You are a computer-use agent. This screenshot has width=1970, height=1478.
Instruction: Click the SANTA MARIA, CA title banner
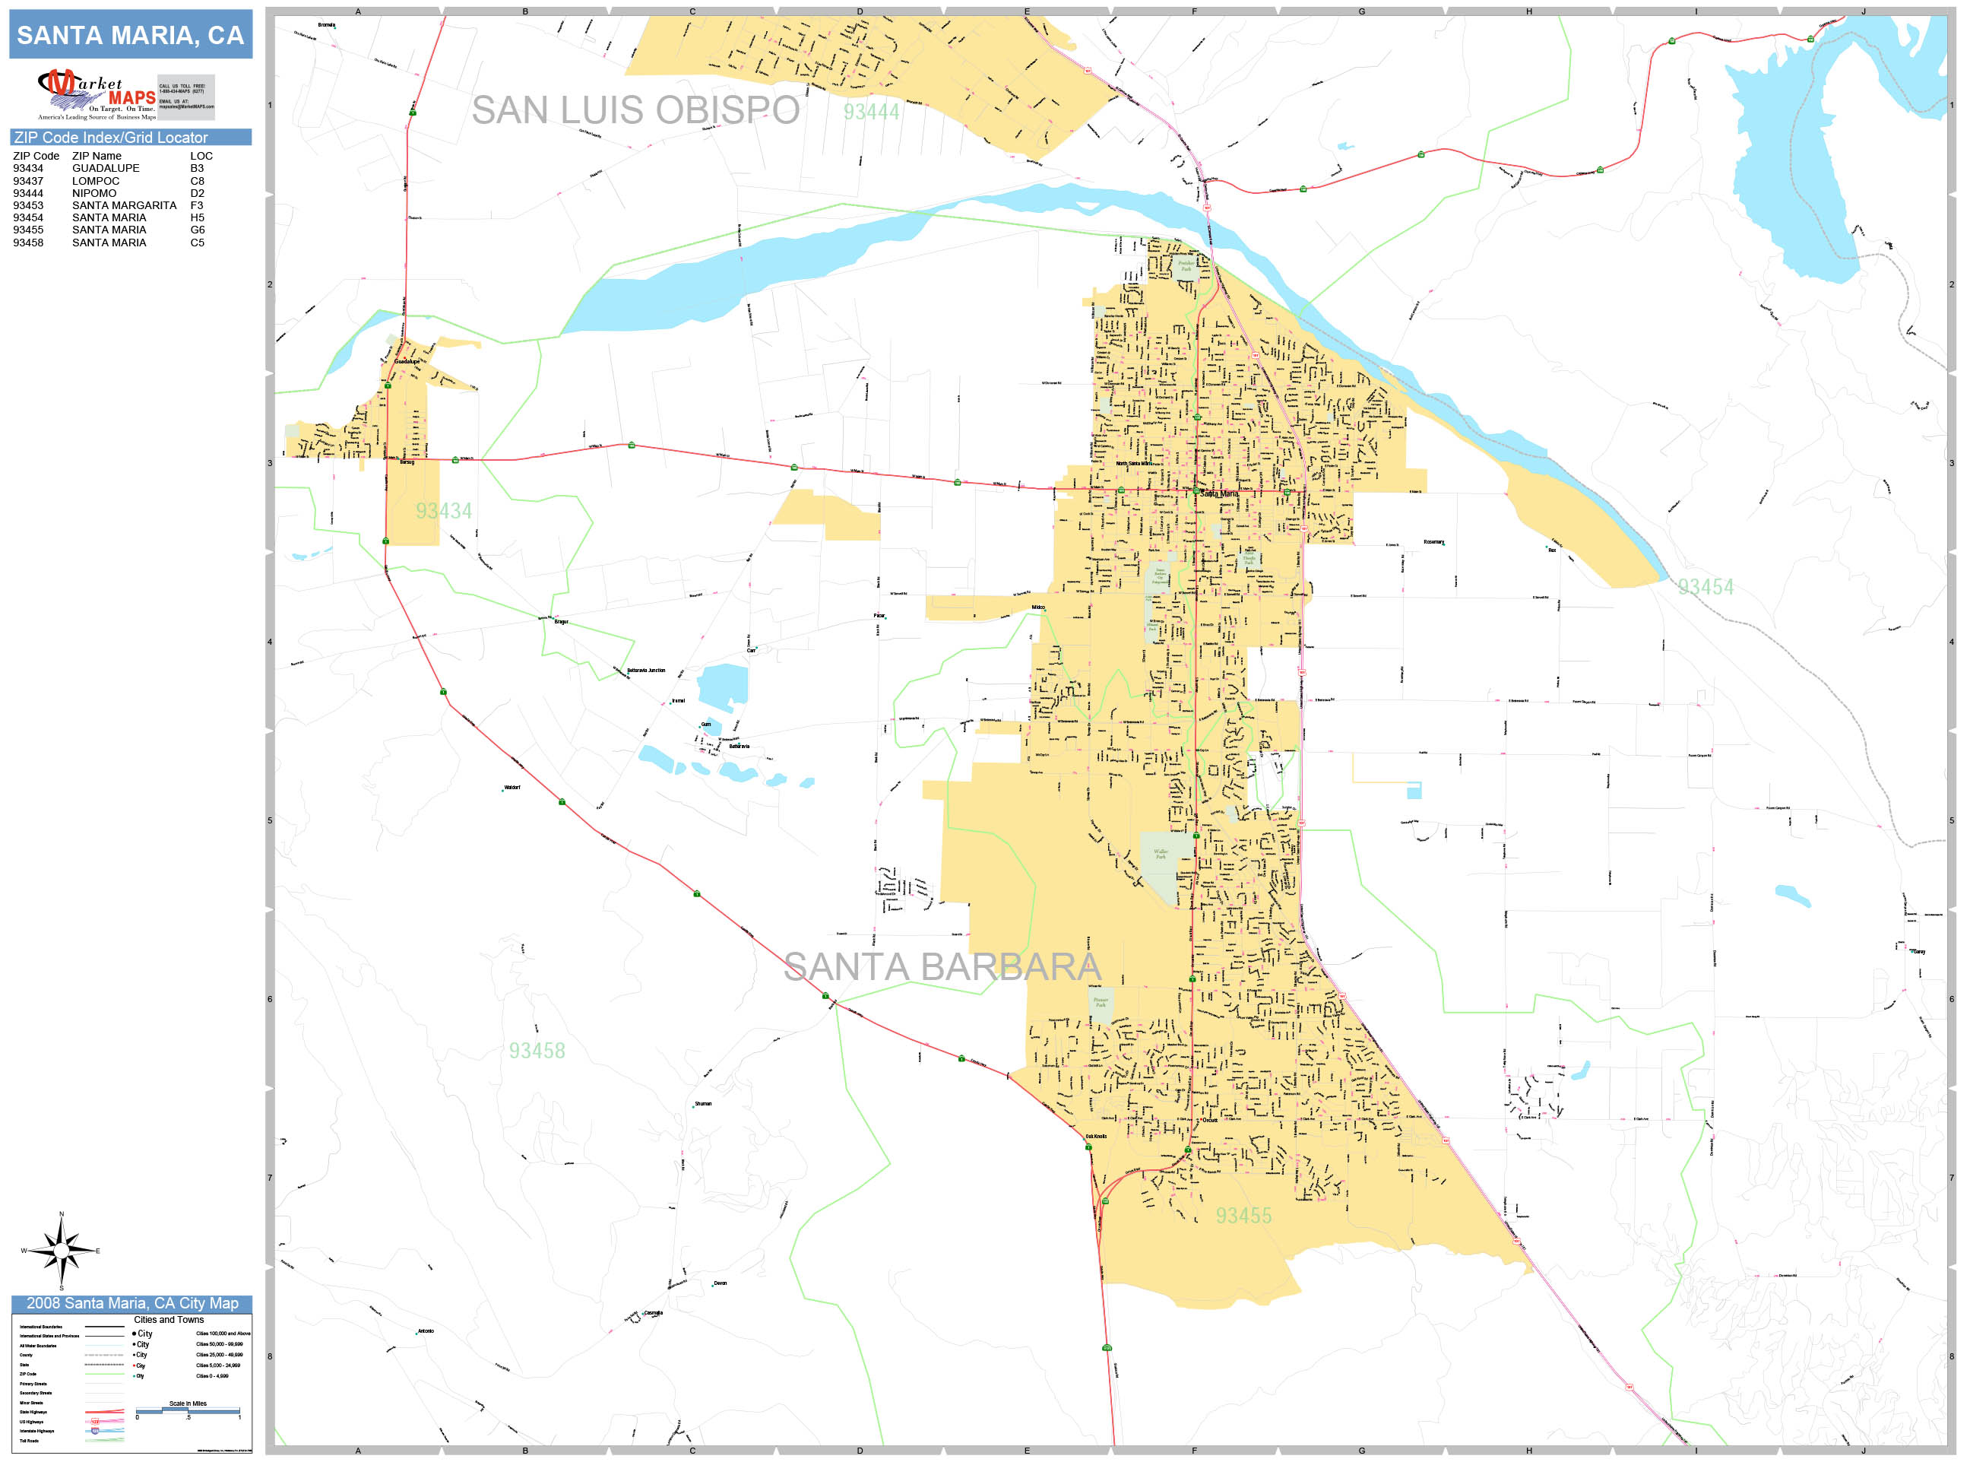(130, 36)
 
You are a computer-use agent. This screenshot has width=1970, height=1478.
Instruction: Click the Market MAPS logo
(97, 94)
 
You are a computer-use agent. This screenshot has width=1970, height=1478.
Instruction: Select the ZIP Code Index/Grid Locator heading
(110, 137)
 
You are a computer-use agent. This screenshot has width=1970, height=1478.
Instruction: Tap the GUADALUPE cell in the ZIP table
(105, 168)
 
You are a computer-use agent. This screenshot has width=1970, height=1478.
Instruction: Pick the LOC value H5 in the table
(197, 217)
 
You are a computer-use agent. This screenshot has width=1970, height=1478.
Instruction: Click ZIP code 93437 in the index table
(27, 181)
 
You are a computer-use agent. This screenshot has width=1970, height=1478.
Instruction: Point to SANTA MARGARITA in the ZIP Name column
(124, 205)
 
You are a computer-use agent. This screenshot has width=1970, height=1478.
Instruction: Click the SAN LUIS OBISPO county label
(635, 110)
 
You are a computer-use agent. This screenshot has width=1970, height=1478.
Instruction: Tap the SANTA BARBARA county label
(942, 966)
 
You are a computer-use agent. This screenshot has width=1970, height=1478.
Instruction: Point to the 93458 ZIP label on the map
(537, 1051)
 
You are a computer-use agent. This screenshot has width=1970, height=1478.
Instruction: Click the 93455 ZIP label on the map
(1243, 1216)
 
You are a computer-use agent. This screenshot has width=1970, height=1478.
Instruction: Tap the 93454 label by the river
(1706, 587)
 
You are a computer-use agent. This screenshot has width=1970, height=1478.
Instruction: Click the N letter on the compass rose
(62, 1214)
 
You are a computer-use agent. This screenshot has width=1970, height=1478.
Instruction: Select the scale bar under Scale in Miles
(188, 1410)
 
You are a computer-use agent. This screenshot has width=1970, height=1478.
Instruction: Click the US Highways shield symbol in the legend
(95, 1422)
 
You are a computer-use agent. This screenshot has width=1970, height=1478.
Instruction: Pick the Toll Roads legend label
(30, 1441)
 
